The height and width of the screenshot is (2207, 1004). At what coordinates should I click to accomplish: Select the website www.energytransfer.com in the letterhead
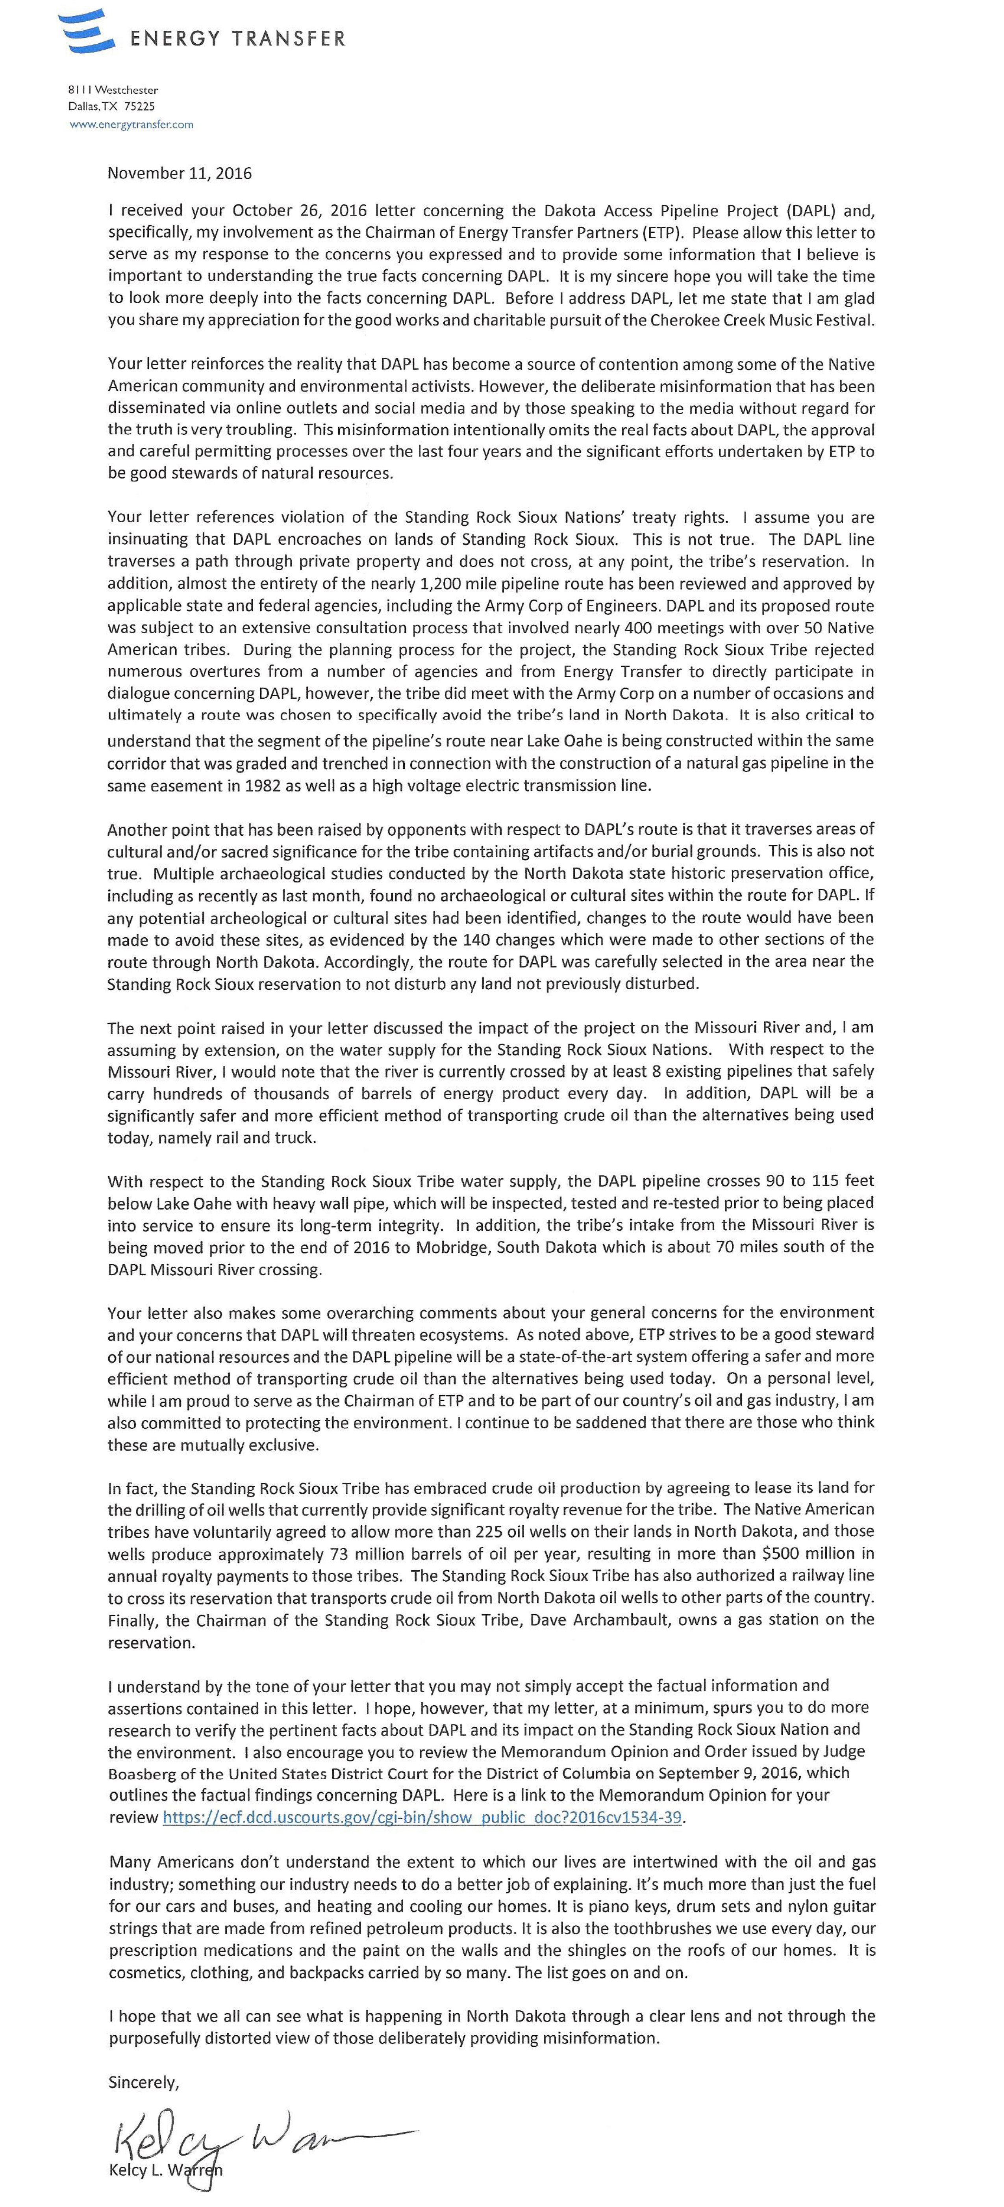(131, 124)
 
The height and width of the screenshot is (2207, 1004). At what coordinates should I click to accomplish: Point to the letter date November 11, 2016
(180, 173)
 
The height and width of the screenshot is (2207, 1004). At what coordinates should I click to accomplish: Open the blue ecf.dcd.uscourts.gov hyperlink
(422, 1817)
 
